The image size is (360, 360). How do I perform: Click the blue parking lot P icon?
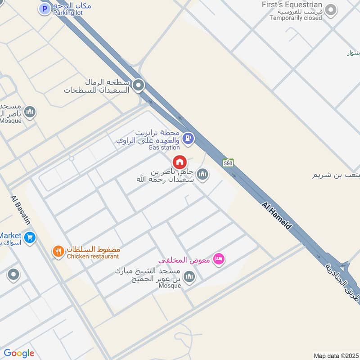coord(44,8)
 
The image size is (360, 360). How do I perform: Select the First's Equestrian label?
coord(292,4)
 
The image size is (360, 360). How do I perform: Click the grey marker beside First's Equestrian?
coord(331,10)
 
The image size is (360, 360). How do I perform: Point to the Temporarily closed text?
coord(296,18)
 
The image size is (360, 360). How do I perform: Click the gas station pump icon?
coord(189,138)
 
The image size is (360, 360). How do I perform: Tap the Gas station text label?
coord(164,147)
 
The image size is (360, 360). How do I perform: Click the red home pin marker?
coord(179,162)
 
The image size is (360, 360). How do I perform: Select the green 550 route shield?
coord(228,162)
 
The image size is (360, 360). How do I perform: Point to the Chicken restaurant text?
coord(93,256)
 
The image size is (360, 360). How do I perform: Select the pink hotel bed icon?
coord(219,259)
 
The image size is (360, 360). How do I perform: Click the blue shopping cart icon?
coord(30,237)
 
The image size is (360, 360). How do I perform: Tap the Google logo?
coord(19,353)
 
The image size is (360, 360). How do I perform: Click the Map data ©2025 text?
coord(335,355)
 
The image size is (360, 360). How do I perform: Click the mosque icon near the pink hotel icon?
coord(189,276)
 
